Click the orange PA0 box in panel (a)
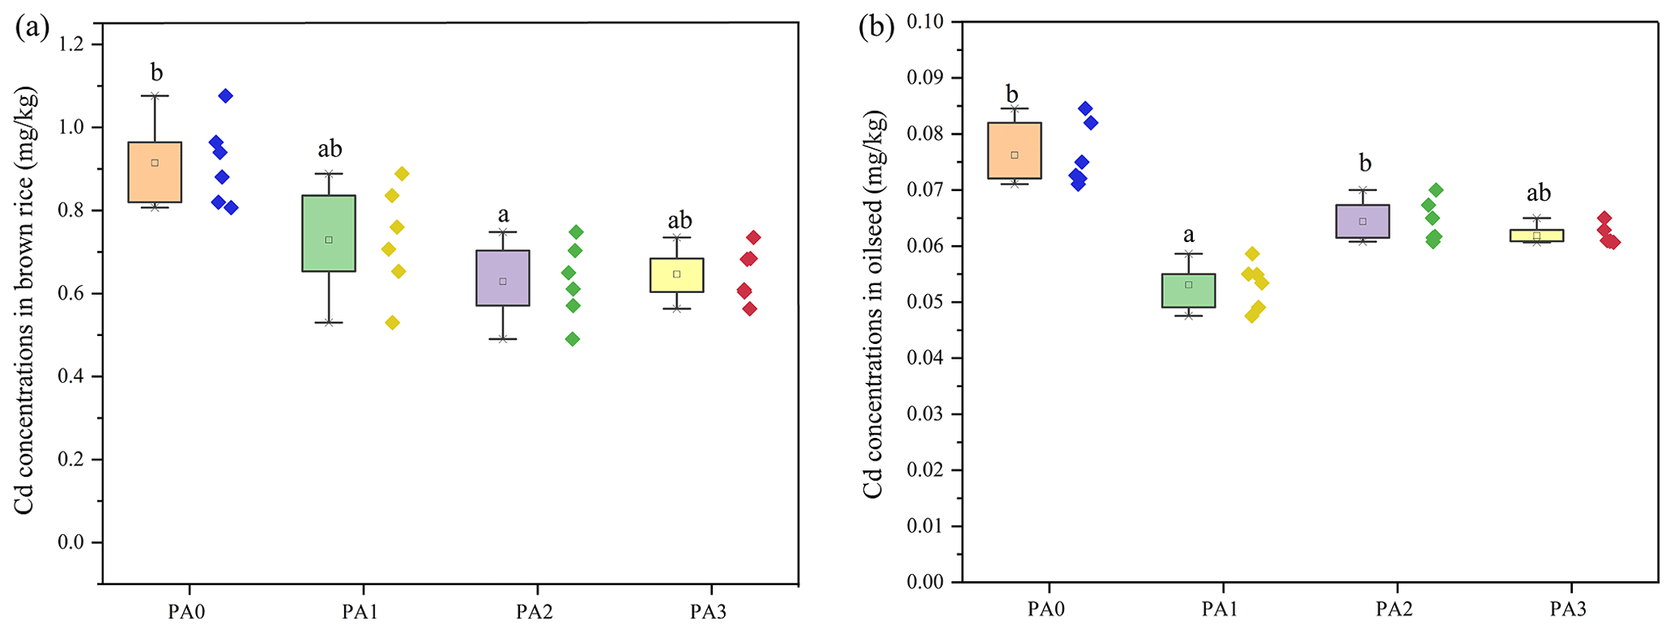[x=155, y=172]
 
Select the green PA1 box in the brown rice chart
[x=329, y=233]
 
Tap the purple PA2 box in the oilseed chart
[x=1362, y=221]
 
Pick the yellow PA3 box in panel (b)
[x=1536, y=236]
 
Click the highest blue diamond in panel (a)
[x=225, y=96]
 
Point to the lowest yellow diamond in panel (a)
[x=392, y=322]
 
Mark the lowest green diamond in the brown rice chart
[x=572, y=339]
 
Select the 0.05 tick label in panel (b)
[x=926, y=302]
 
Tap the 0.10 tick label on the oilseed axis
[x=926, y=21]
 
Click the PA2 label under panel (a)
[x=535, y=611]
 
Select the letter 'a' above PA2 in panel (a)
[x=503, y=215]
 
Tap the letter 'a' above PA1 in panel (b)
[x=1188, y=236]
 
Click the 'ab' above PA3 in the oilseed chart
[x=1538, y=193]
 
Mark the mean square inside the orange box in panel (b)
[x=1014, y=155]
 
